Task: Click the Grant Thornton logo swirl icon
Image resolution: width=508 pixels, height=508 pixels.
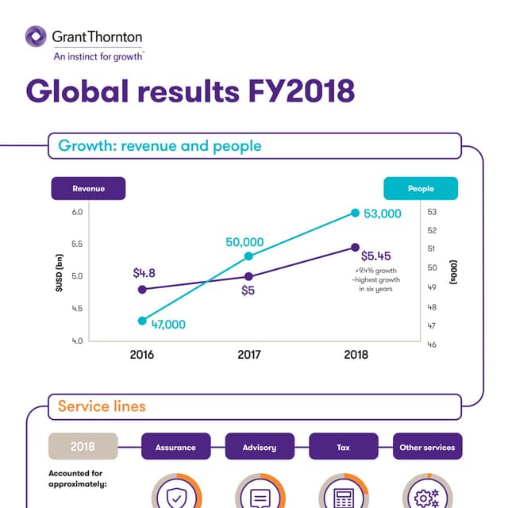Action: point(36,37)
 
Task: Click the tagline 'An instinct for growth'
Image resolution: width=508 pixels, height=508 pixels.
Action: point(98,56)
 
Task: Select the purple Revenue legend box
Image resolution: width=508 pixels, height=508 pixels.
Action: point(88,189)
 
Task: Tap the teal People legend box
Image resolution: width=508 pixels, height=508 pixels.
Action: point(421,189)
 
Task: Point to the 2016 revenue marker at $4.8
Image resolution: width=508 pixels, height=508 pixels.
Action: point(142,290)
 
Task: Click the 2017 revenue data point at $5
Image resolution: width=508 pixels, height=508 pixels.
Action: point(248,276)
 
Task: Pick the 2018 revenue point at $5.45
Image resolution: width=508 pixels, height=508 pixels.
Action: point(355,248)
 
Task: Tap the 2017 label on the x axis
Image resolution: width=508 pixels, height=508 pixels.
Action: point(248,355)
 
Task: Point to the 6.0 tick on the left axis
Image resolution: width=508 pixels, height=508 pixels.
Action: point(77,213)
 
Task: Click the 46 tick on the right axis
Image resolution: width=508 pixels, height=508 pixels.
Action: point(432,344)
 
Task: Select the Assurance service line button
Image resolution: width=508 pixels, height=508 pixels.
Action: point(175,447)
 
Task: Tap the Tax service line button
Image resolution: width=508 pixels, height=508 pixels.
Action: point(343,447)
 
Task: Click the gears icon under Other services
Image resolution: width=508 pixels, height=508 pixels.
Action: point(427,498)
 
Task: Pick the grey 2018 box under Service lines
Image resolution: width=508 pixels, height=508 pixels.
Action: point(83,447)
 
